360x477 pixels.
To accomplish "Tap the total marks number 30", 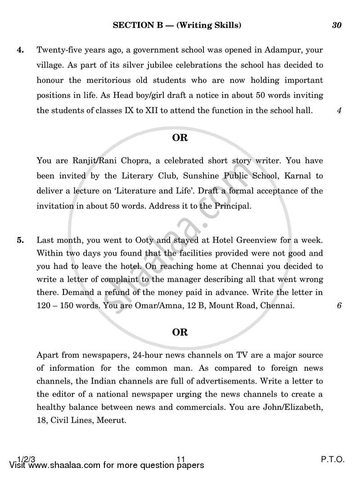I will tap(337, 26).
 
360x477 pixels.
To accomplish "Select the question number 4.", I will tap(20, 50).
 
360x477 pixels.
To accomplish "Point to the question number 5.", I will tap(20, 240).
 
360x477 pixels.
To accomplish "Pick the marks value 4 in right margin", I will tap(339, 110).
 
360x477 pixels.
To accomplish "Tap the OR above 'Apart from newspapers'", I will tap(180, 333).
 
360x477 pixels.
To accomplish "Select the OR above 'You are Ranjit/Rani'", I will tap(180, 138).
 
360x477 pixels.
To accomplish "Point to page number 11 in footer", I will tap(181, 460).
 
